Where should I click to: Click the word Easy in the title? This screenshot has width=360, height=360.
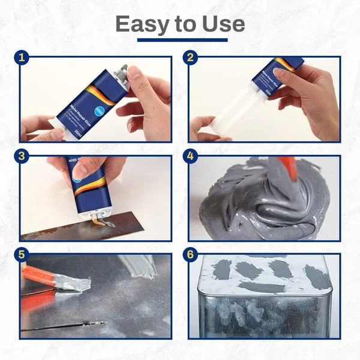point(140,24)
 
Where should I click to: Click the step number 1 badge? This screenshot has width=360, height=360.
point(23,58)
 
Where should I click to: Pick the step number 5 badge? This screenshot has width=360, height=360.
point(23,254)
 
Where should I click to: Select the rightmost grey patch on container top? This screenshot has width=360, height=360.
point(316,276)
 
